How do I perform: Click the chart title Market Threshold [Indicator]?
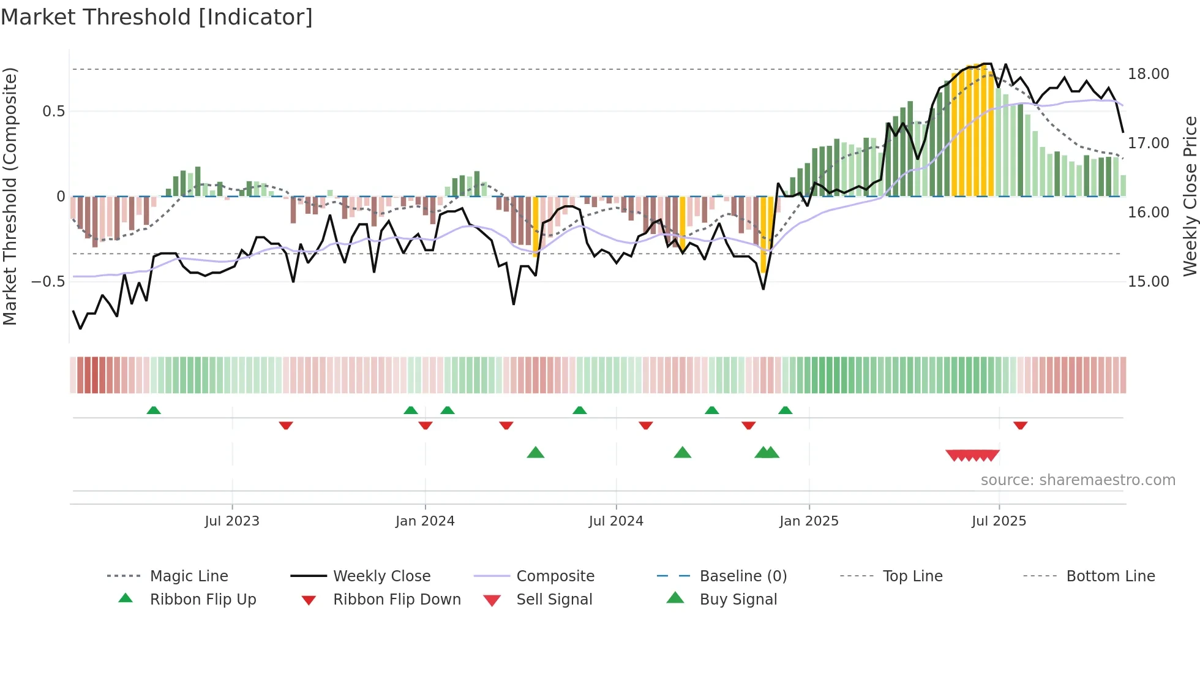click(x=157, y=17)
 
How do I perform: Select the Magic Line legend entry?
click(x=189, y=576)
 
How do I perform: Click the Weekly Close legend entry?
click(x=381, y=576)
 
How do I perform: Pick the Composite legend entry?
click(x=555, y=576)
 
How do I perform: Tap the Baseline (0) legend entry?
click(x=743, y=576)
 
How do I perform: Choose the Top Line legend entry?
click(x=912, y=576)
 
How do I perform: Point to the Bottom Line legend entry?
click(x=1110, y=576)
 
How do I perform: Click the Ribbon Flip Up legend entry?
click(x=203, y=599)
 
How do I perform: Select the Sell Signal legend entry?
click(x=554, y=599)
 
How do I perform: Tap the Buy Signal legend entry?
click(x=738, y=599)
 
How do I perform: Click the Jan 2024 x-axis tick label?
click(x=425, y=521)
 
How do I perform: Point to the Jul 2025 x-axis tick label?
click(x=999, y=521)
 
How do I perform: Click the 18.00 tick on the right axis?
click(x=1148, y=74)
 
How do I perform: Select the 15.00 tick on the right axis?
click(x=1148, y=282)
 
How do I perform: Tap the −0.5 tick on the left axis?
click(x=48, y=282)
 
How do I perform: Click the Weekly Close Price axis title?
click(x=1190, y=196)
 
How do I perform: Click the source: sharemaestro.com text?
click(x=1078, y=480)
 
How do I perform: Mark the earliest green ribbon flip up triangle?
click(x=154, y=410)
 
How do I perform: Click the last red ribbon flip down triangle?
click(x=1020, y=425)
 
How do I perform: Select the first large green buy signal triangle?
click(x=535, y=453)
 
